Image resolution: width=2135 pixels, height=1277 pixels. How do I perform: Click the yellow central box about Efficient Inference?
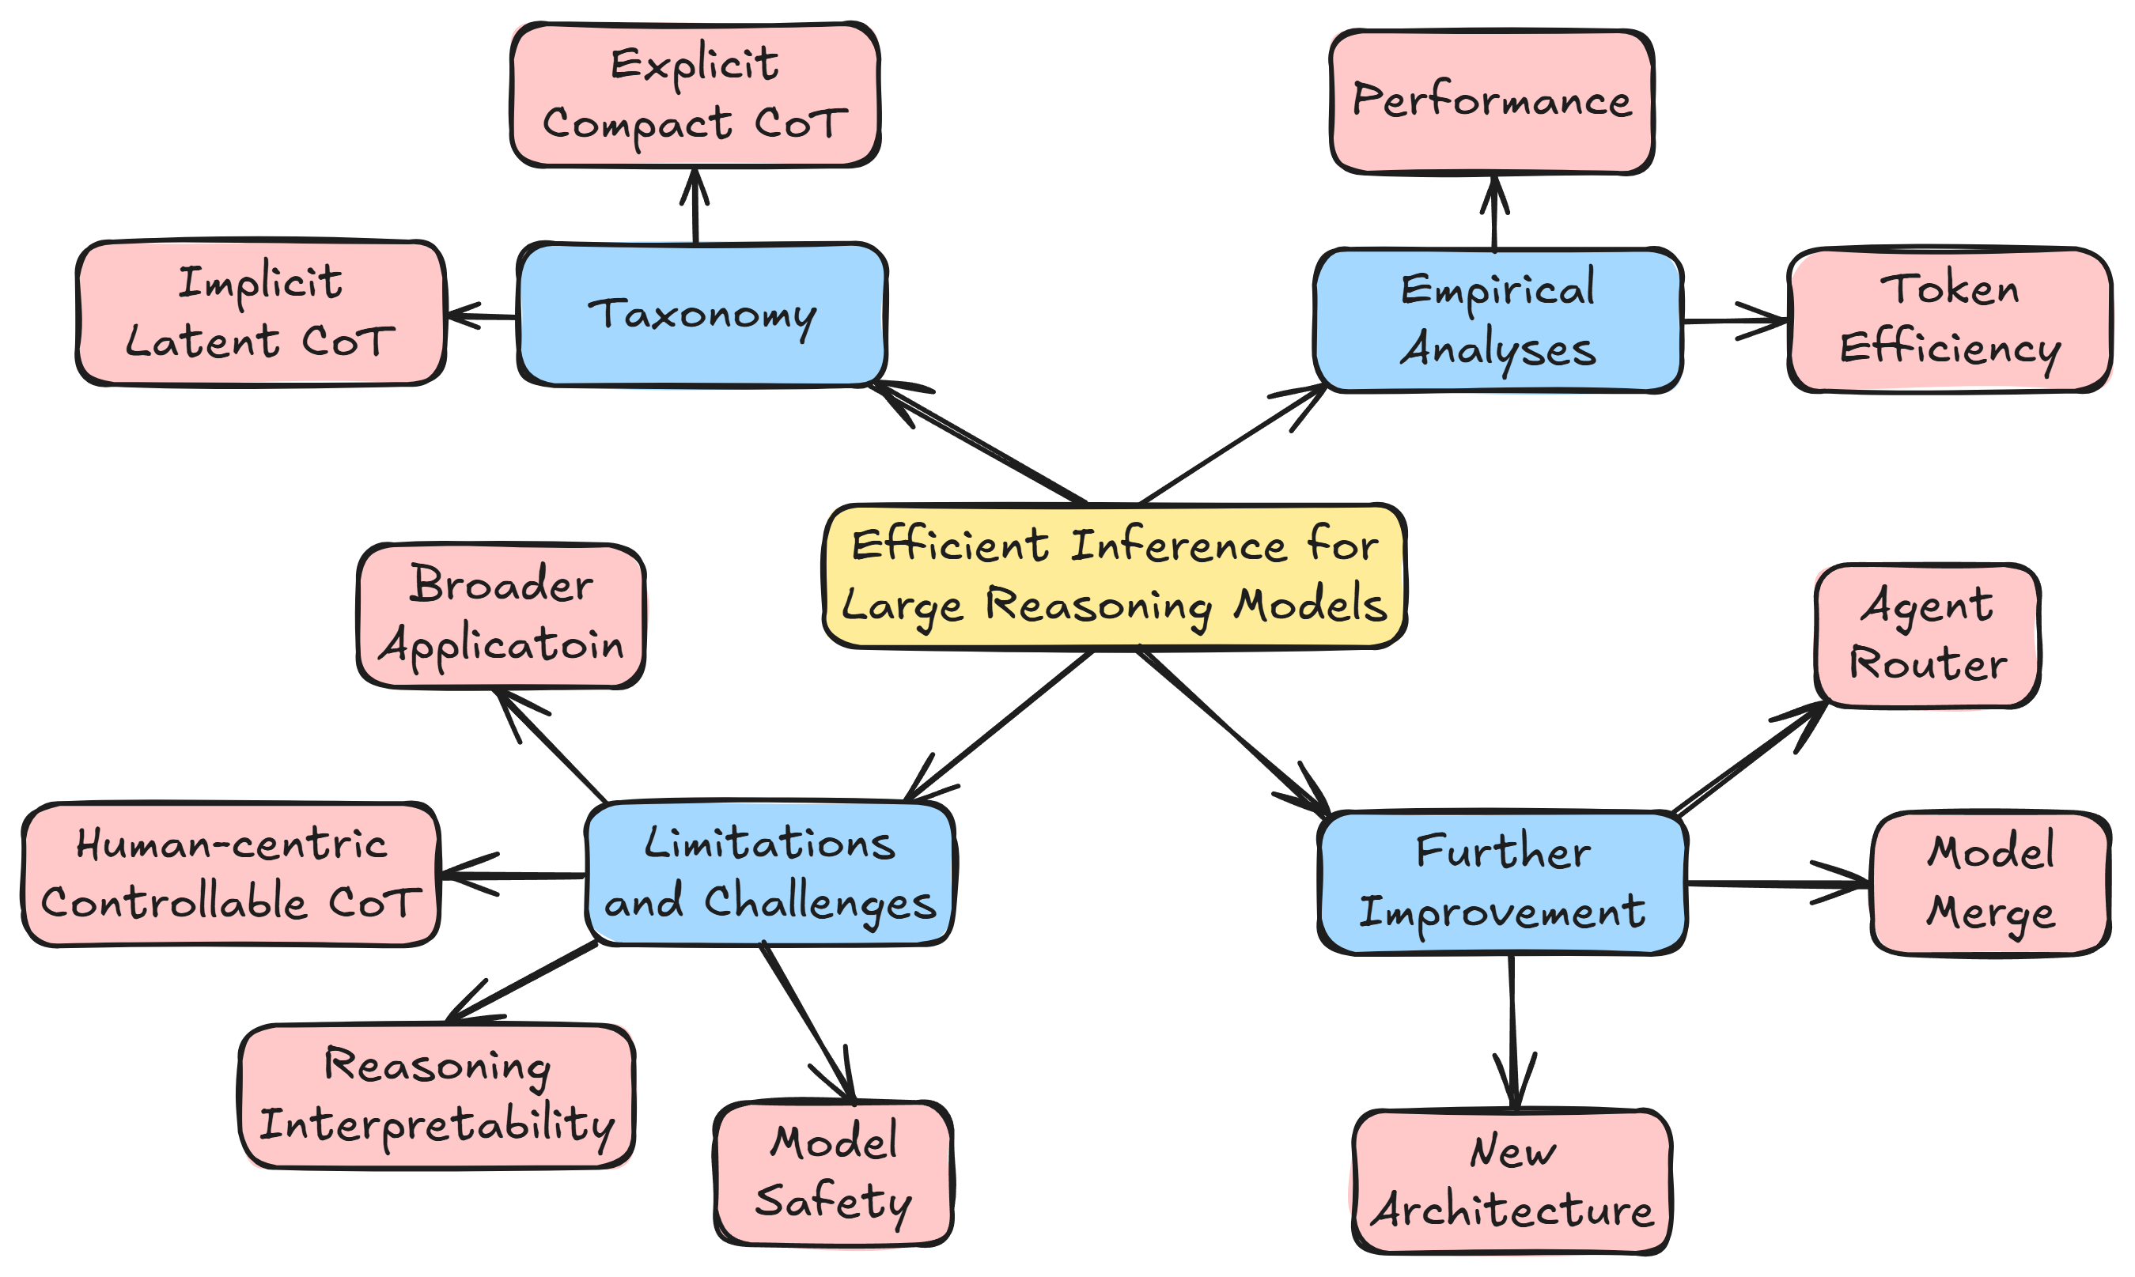(x=1115, y=575)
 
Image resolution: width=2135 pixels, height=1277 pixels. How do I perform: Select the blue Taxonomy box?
(x=702, y=315)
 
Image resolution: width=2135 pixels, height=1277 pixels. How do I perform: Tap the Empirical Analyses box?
(x=1498, y=320)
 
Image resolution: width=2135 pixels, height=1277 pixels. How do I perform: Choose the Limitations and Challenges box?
(x=770, y=873)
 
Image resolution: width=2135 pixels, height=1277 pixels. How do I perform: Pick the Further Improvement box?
(x=1502, y=882)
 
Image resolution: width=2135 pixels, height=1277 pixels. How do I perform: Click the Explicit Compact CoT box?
(x=695, y=95)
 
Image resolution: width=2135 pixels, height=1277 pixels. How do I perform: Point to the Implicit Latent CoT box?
(x=260, y=312)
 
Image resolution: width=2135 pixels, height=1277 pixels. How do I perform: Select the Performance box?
(x=1491, y=101)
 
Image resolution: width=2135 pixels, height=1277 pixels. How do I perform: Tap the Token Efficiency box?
(x=1950, y=320)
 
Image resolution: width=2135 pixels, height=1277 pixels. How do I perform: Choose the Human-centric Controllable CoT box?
(x=231, y=875)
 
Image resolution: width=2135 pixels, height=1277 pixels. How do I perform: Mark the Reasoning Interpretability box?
(x=437, y=1094)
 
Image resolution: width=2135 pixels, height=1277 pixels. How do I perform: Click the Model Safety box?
(x=833, y=1172)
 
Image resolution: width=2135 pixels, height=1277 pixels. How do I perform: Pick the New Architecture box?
(x=1512, y=1181)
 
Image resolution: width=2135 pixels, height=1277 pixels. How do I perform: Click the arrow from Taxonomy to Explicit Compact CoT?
(x=695, y=206)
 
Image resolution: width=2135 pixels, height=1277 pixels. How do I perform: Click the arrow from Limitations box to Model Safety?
(x=808, y=1021)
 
